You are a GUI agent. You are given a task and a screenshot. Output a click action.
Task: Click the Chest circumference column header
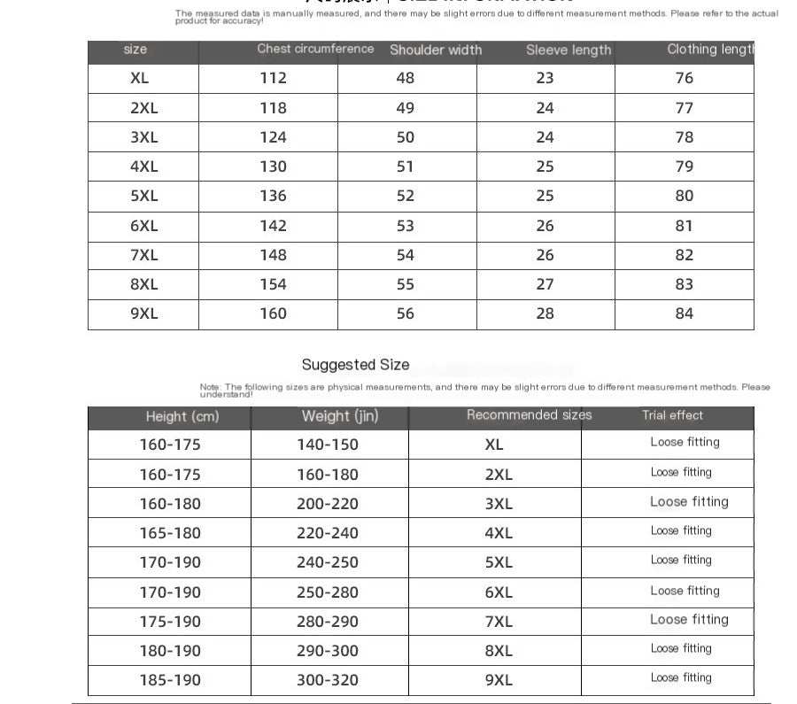pos(315,49)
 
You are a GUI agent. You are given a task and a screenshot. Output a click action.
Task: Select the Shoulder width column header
pos(436,50)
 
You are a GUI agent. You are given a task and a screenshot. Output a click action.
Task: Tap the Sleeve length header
pos(569,50)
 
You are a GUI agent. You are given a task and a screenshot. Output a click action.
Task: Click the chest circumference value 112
pos(273,78)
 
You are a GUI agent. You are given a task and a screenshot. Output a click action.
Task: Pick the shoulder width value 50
pos(406,137)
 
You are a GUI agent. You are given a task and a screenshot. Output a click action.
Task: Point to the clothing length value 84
pos(685,313)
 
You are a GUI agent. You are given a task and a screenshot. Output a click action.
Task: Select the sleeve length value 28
pos(545,313)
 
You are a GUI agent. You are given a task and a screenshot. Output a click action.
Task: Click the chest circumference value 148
pos(273,255)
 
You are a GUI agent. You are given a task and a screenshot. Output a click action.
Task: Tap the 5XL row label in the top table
pos(143,196)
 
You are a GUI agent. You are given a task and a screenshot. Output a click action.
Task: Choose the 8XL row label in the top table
pos(143,284)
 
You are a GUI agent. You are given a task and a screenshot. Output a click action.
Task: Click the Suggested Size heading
pos(355,365)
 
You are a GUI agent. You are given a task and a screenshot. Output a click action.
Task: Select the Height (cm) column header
pos(182,416)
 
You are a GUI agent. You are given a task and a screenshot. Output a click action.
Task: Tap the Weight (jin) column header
pos(340,416)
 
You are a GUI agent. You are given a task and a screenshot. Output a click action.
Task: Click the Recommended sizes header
pos(529,415)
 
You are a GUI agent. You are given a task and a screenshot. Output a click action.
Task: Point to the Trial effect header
pos(672,415)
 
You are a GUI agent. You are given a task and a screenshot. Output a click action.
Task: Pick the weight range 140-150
pos(328,445)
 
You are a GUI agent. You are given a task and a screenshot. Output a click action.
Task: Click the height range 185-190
pos(170,680)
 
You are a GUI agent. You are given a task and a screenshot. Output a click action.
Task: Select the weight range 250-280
pos(328,592)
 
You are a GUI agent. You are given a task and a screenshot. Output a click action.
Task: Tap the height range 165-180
pos(170,533)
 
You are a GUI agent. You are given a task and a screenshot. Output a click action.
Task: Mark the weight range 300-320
pos(328,680)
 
